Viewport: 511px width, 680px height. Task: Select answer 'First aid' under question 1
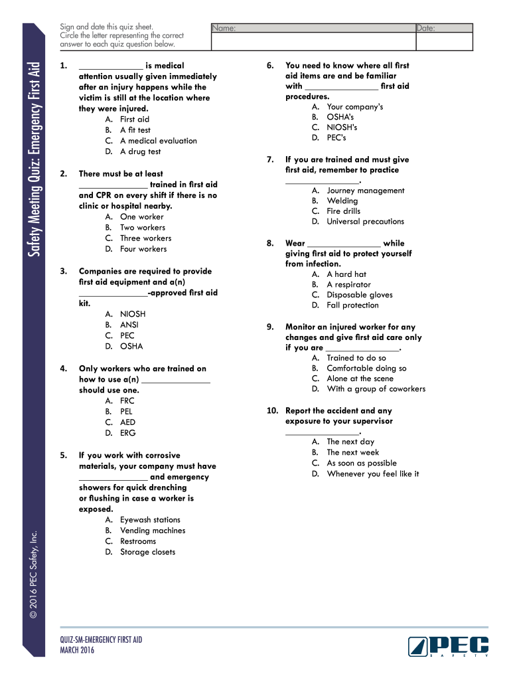(135, 120)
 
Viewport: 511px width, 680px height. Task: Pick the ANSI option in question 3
(129, 325)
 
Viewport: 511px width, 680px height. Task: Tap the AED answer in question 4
(127, 422)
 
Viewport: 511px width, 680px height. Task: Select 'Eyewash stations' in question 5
(150, 520)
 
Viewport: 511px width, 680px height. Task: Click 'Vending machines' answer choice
(153, 531)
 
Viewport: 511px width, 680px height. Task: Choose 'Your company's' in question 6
(354, 107)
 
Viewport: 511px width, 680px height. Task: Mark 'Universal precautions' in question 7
(365, 222)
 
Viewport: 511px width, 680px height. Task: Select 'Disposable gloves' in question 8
(359, 295)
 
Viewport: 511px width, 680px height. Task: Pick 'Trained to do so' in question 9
(356, 358)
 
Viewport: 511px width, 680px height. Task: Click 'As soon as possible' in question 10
(361, 464)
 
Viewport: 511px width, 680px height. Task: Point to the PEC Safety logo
(448, 646)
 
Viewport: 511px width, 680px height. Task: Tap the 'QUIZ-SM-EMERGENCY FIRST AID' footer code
(101, 640)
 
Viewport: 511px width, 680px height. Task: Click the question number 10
(272, 411)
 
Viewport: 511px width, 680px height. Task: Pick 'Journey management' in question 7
(365, 191)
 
